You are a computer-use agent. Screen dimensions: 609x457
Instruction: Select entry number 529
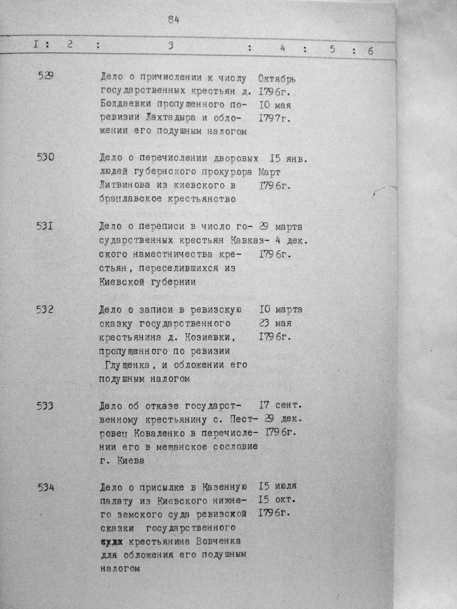46,75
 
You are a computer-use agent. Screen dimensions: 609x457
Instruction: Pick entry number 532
45,310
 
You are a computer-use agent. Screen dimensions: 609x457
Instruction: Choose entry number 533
45,406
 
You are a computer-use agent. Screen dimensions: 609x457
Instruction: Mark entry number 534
46,488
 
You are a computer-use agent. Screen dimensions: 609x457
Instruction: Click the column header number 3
171,46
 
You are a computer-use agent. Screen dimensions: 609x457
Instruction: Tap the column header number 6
370,51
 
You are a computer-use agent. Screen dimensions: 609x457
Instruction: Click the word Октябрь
277,79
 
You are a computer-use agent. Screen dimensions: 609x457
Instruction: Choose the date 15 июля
278,486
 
